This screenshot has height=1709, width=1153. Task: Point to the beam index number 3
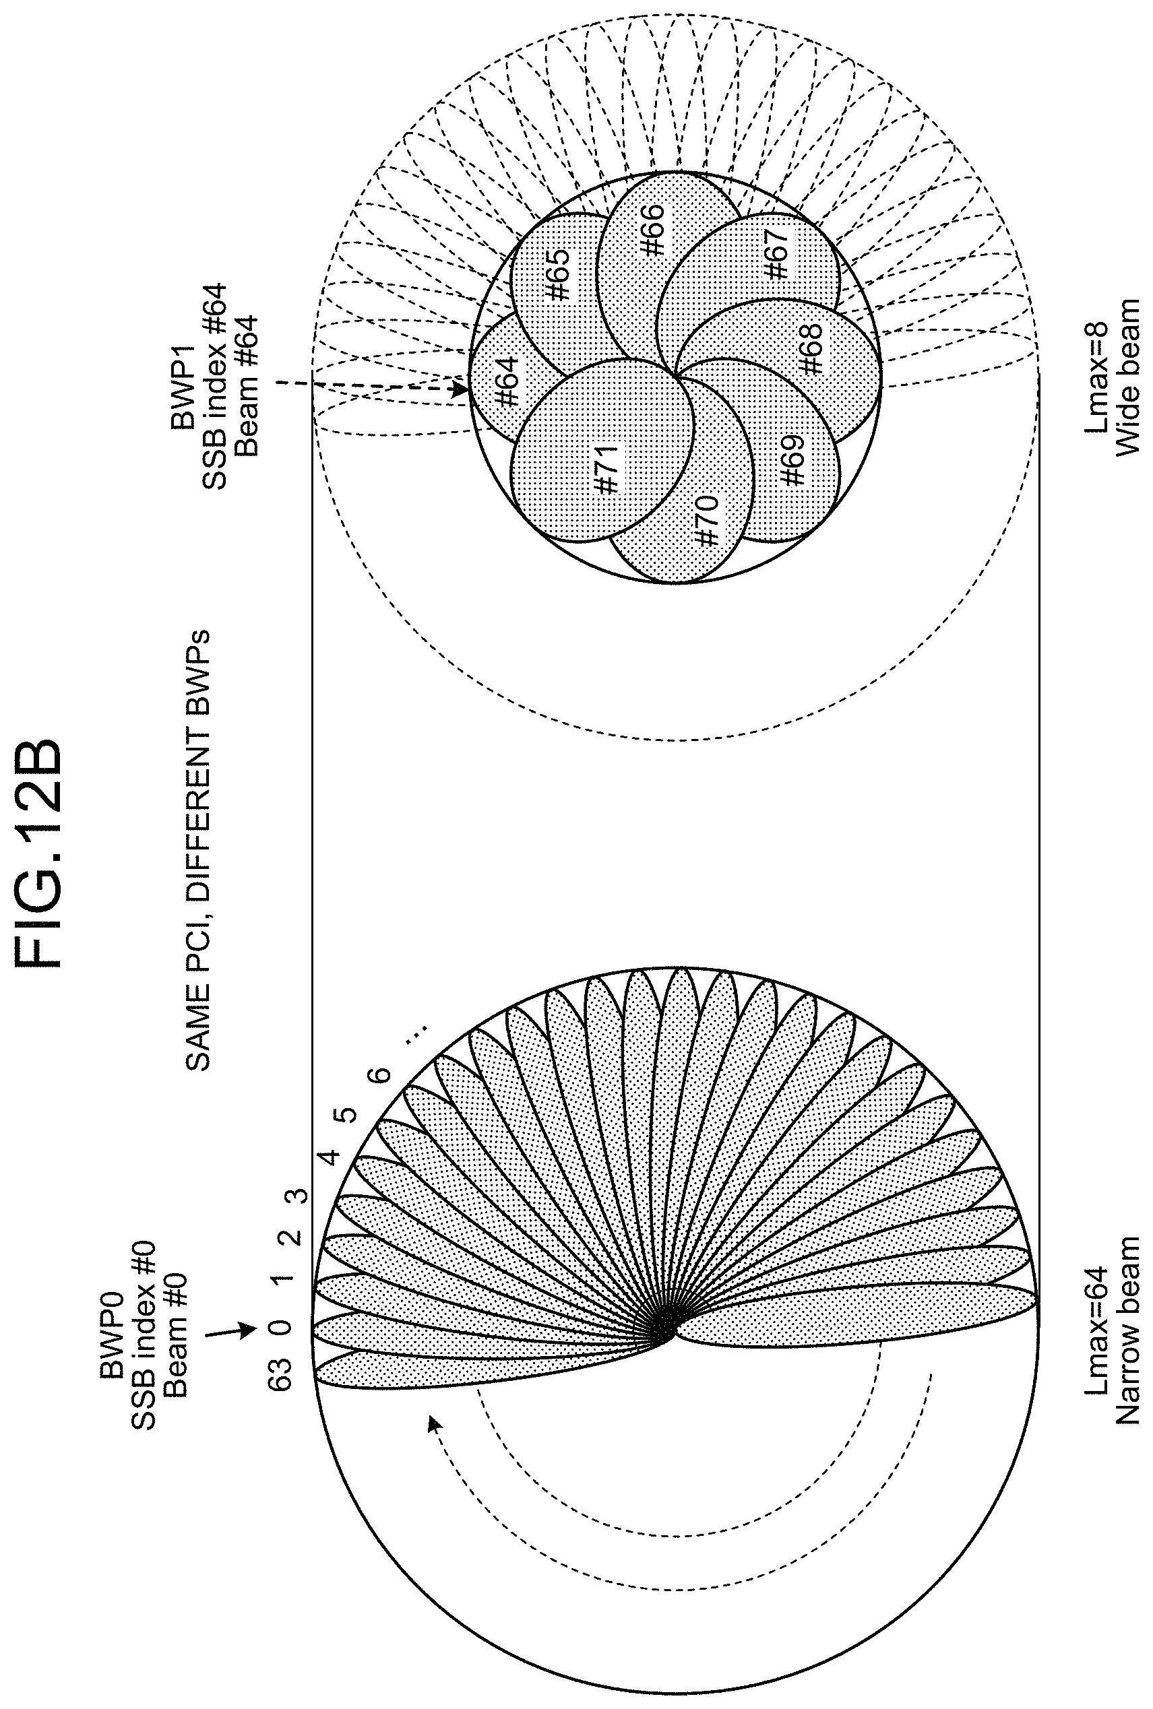click(x=299, y=1195)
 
